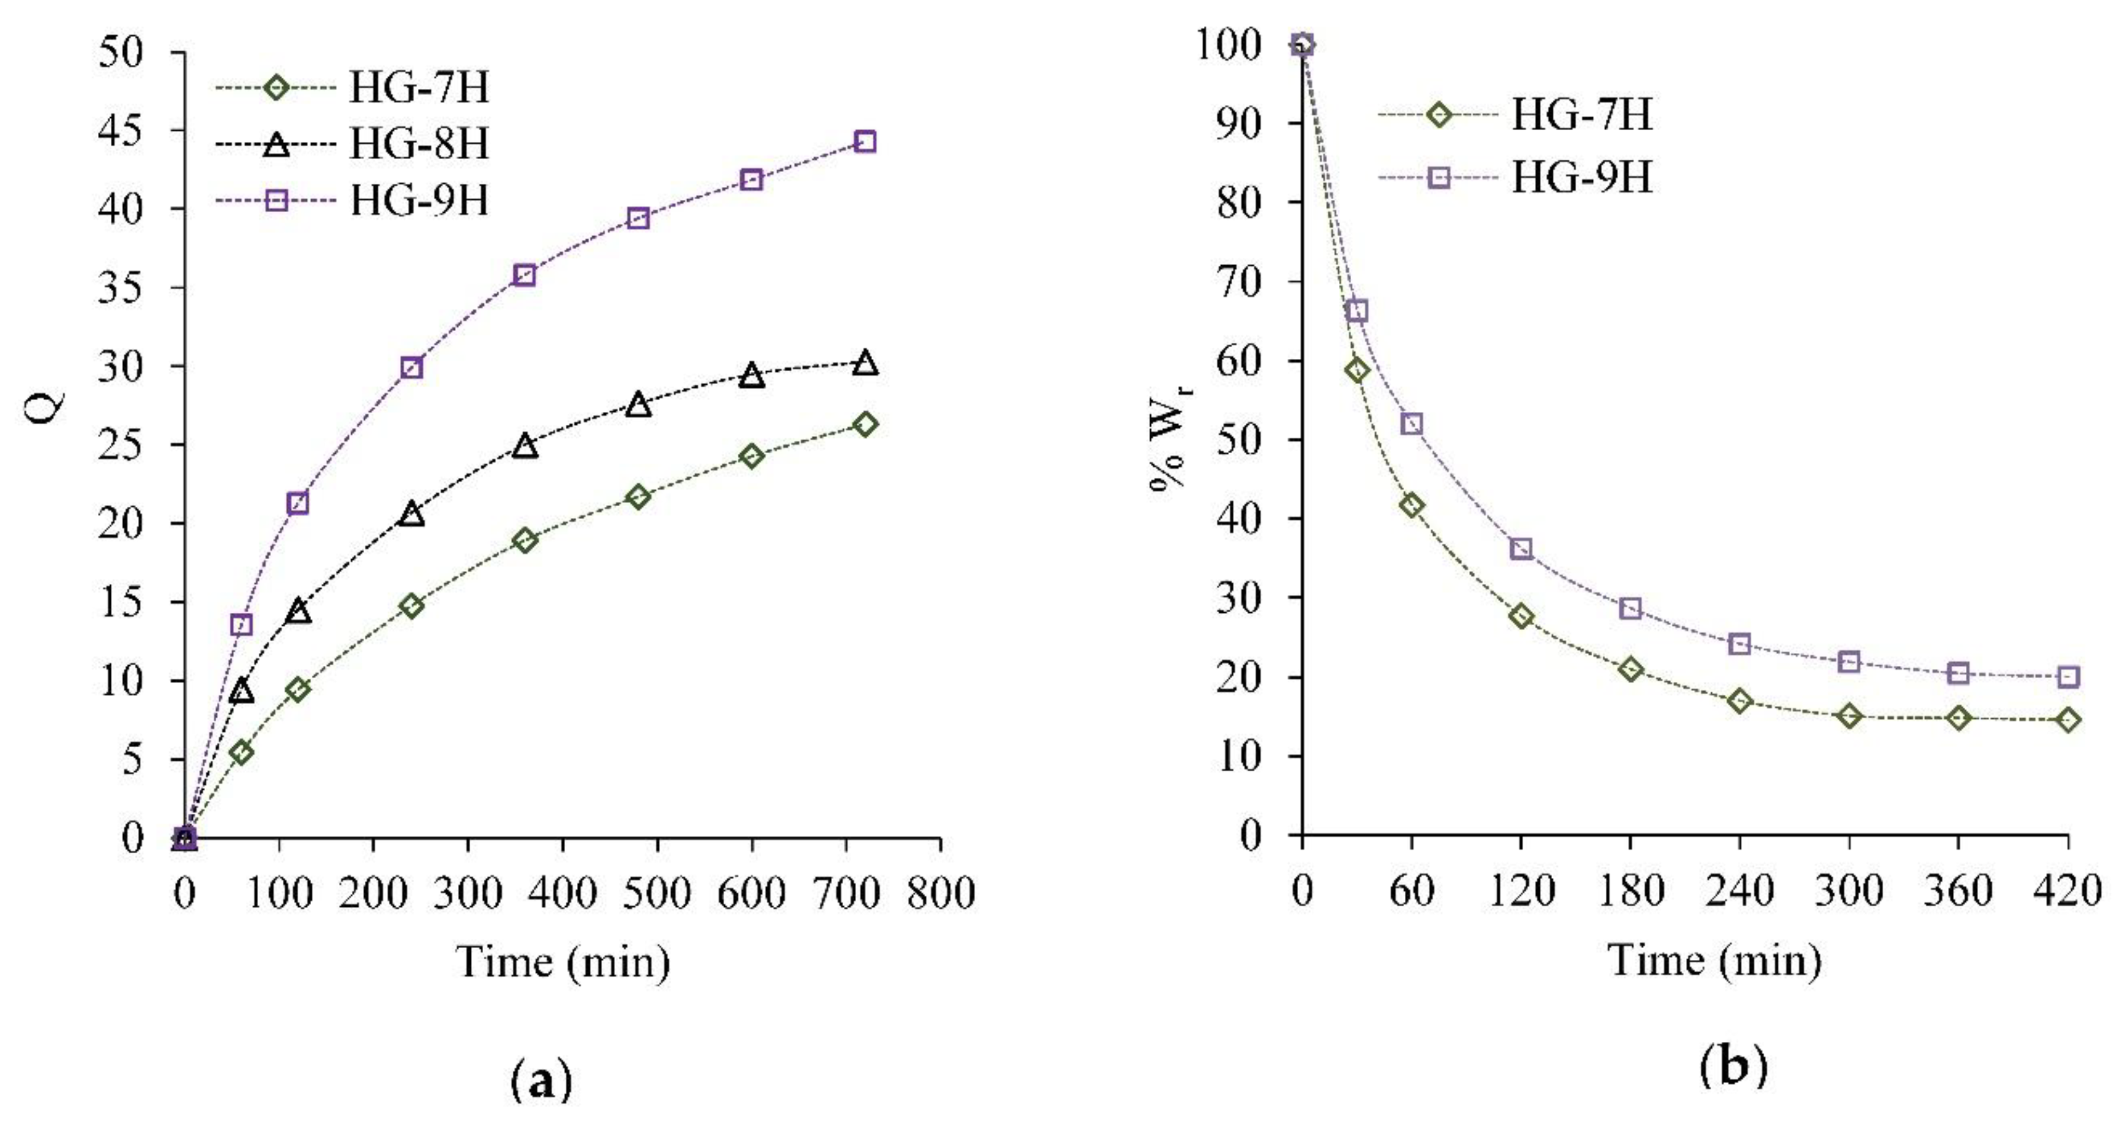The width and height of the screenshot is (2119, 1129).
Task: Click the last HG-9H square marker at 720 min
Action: tap(864, 141)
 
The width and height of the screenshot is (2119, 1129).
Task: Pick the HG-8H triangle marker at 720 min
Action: tap(864, 362)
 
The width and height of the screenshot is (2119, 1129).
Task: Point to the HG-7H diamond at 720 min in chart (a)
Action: tap(864, 424)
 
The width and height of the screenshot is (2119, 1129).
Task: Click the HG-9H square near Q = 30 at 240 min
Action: tap(411, 368)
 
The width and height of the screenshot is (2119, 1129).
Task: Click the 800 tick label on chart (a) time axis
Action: tap(940, 892)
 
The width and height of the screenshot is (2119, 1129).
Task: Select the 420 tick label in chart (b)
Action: tap(2067, 890)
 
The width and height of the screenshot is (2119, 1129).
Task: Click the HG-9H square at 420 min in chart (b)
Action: tap(2067, 676)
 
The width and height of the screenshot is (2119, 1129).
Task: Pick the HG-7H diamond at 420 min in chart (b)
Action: tap(2067, 720)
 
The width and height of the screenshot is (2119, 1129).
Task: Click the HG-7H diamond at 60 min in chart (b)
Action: tap(1411, 506)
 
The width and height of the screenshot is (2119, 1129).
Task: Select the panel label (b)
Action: tap(1732, 1067)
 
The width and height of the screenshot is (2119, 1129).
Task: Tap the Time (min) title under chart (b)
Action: tap(1714, 961)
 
